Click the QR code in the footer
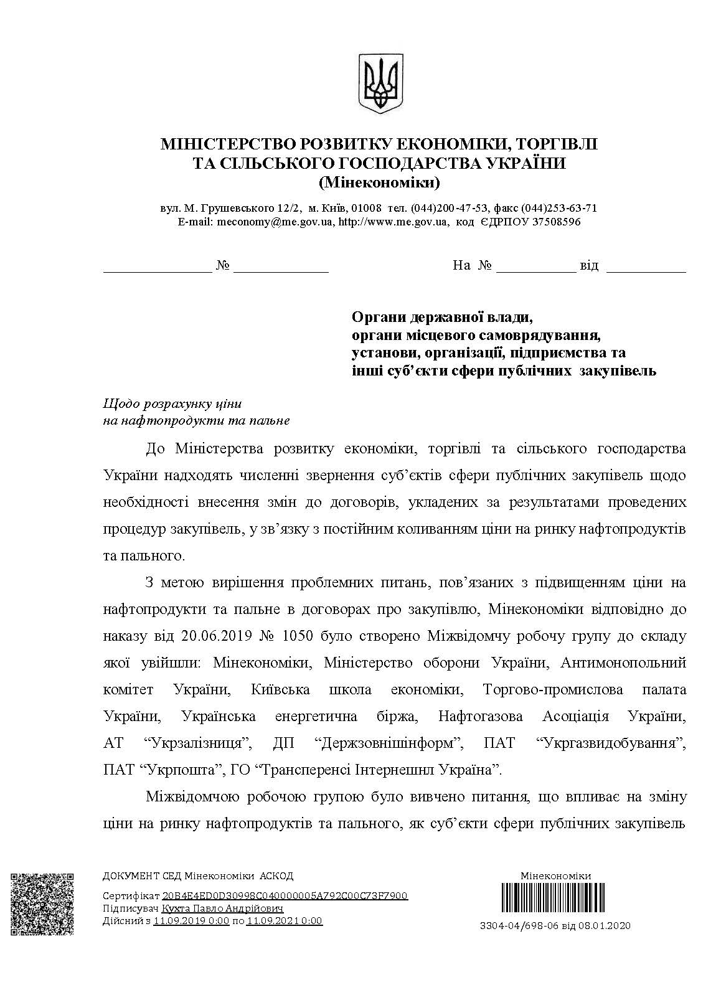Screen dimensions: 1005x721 click(42, 904)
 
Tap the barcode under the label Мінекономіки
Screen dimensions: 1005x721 click(555, 899)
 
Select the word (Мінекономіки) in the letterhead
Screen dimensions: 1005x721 click(379, 183)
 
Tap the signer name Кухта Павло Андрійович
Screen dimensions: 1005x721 click(222, 908)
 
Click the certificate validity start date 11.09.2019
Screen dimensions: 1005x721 click(181, 921)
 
